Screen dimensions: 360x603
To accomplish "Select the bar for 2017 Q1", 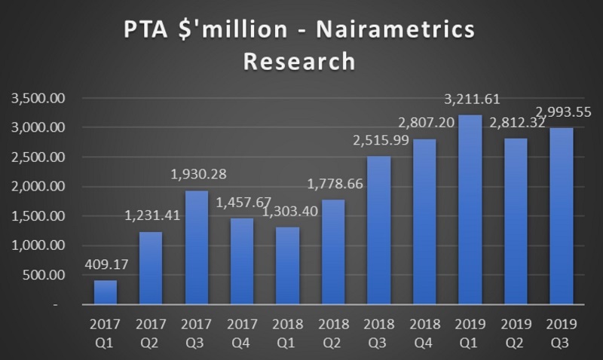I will [x=104, y=292].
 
